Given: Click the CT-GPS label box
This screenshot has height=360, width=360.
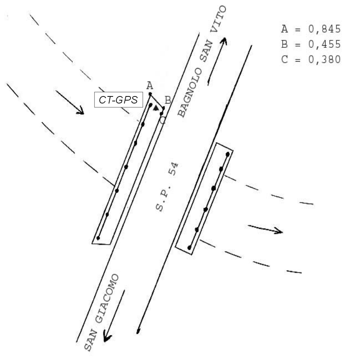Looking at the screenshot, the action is pos(118,100).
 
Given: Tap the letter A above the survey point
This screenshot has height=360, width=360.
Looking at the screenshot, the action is pos(150,86).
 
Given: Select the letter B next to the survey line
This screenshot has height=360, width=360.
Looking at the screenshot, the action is pos(168,100).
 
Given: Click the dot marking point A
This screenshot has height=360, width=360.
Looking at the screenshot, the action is pos(150,94).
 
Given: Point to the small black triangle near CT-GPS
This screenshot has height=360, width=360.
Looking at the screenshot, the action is pos(156,108).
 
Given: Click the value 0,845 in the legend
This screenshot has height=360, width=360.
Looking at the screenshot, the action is pos(324,29).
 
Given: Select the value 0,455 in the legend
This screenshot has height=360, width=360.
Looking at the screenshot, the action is pos(324,44).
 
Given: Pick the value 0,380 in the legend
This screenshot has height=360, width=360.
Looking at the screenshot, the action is pos(324,59).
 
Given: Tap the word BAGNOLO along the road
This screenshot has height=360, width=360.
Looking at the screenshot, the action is pos(190,93).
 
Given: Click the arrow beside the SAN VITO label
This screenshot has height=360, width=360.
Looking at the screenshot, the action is pos(217,62).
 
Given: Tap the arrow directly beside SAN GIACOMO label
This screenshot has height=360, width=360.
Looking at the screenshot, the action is pos(114,316).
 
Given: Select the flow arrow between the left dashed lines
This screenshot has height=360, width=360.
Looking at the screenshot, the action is pos(70,102).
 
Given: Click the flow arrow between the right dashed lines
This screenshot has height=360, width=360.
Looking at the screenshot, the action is pos(265,229).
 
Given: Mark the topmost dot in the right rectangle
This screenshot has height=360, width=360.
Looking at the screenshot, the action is pos(227,154).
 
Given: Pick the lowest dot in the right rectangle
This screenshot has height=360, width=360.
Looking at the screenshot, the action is pos(190,248).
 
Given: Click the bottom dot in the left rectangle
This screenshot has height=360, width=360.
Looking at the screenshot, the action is pos(98,238).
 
